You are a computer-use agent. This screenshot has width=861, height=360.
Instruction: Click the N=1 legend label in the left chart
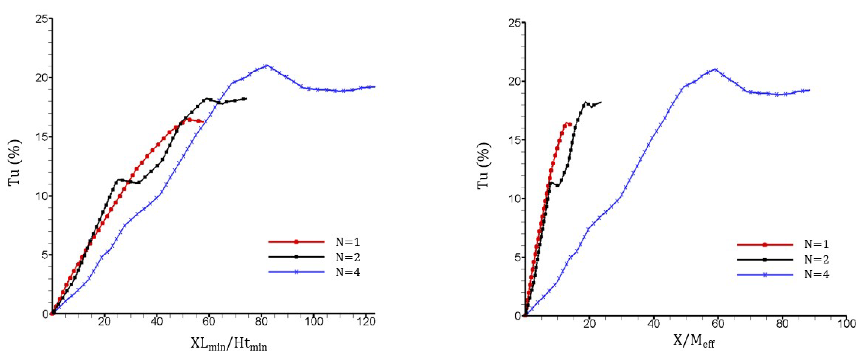point(348,242)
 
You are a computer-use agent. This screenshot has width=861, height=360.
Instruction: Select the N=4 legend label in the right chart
point(816,274)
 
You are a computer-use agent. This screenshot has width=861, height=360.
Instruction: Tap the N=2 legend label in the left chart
point(348,257)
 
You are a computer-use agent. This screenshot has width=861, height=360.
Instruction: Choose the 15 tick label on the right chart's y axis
point(515,140)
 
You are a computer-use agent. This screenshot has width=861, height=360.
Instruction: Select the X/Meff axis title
point(694,341)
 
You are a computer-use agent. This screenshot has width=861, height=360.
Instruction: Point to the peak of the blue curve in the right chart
point(715,69)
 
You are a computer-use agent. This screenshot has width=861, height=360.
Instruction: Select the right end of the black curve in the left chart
point(246,99)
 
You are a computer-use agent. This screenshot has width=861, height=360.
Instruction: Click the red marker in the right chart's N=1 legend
point(765,245)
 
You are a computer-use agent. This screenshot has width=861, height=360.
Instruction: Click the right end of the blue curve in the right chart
point(809,90)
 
